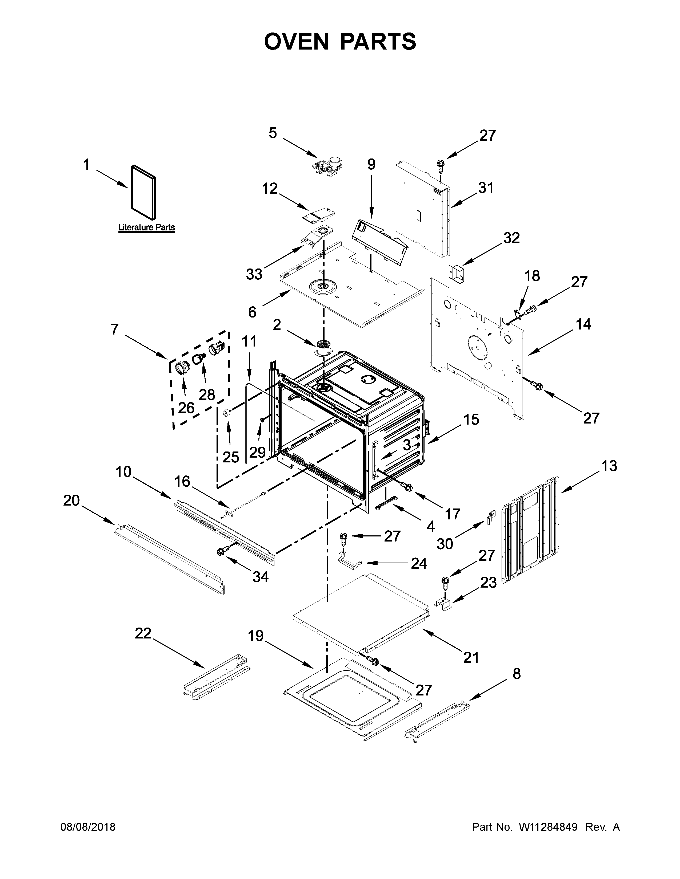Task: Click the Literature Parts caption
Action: [x=146, y=227]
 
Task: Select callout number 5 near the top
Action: [x=273, y=133]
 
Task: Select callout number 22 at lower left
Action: [x=143, y=633]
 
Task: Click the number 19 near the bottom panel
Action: [x=255, y=636]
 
